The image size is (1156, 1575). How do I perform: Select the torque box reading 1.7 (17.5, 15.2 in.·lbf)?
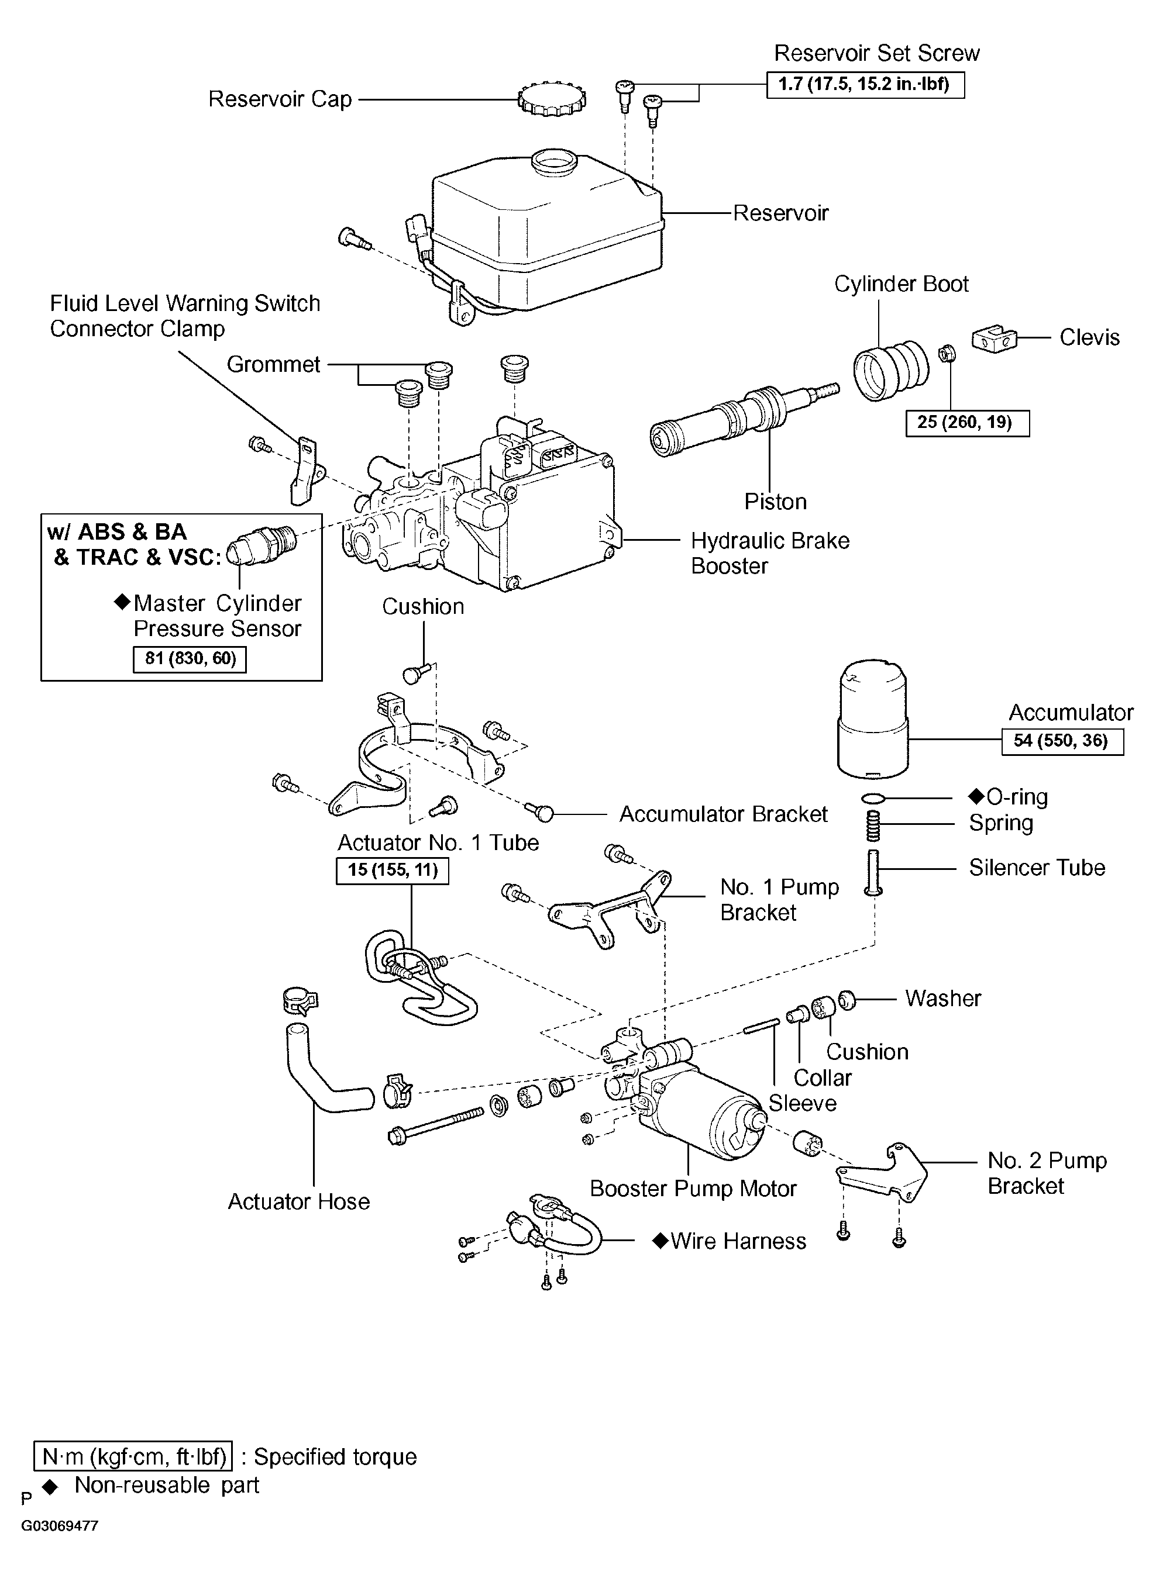click(x=866, y=85)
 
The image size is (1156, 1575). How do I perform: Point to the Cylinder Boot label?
click(x=902, y=284)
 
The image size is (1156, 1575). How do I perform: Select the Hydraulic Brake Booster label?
click(x=770, y=553)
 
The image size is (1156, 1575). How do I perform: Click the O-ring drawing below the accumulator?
click(x=874, y=798)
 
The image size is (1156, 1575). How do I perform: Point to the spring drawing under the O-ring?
click(x=874, y=826)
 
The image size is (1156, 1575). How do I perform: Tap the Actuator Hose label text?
click(x=299, y=1201)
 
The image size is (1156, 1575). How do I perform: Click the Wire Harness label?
click(x=730, y=1241)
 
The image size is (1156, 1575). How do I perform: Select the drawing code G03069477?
click(x=60, y=1526)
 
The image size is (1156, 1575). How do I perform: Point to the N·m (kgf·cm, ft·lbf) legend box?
click(x=133, y=1457)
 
